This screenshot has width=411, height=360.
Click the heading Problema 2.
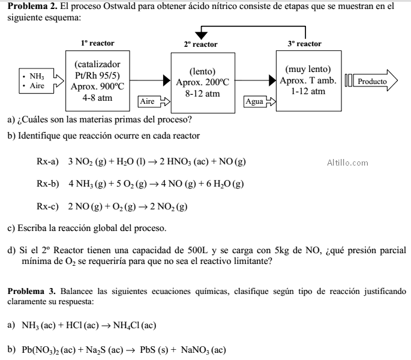[x=32, y=6]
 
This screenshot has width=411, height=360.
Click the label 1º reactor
[x=98, y=43]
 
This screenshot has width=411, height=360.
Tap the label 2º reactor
[x=201, y=44]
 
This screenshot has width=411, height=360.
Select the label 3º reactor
[x=304, y=44]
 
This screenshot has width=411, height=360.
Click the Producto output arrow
[x=375, y=80]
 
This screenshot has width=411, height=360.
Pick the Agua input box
[x=259, y=101]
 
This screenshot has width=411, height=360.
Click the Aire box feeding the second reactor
[x=154, y=101]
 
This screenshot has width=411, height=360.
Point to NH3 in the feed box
[x=37, y=76]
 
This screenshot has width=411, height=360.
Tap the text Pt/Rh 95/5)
[x=97, y=76]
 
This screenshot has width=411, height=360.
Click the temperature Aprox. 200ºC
[x=202, y=82]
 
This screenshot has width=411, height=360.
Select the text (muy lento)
[x=308, y=69]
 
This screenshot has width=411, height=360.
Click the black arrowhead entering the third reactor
[x=272, y=80]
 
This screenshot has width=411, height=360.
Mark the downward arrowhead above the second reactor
[x=201, y=35]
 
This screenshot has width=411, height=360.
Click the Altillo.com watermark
[x=347, y=163]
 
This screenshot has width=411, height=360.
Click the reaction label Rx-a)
[x=47, y=161]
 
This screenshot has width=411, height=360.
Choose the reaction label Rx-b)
[x=48, y=184]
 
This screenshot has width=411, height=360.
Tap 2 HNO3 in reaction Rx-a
[x=175, y=161]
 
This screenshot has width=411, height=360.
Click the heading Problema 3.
[x=31, y=291]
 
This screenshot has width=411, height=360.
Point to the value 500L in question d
[x=197, y=250]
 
